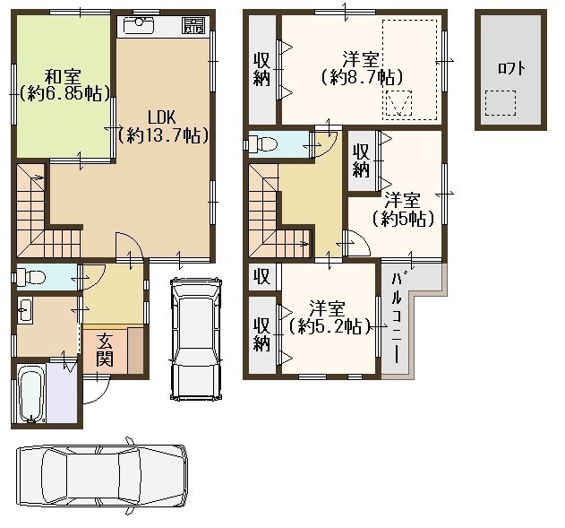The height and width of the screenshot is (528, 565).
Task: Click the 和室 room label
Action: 63,76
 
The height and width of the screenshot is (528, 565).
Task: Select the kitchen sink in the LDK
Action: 139,26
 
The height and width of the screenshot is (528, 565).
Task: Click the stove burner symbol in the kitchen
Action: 195,26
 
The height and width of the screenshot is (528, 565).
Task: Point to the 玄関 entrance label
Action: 105,350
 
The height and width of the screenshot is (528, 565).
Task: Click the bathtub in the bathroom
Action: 31,393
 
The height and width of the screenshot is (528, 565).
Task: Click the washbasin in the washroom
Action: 25,309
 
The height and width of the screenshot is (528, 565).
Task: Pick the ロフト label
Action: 511,68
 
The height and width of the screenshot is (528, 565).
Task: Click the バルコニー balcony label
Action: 397,317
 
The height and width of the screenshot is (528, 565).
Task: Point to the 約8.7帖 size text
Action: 362,77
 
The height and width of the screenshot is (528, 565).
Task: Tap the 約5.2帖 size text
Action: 330,326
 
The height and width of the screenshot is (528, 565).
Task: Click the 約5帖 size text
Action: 403,218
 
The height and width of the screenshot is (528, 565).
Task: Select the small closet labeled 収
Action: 262,277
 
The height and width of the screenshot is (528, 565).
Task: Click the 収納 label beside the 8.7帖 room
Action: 262,69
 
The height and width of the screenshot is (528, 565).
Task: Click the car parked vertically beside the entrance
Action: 196,338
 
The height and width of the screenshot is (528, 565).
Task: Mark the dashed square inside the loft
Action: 501,103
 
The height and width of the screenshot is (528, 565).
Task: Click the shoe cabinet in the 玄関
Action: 135,350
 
